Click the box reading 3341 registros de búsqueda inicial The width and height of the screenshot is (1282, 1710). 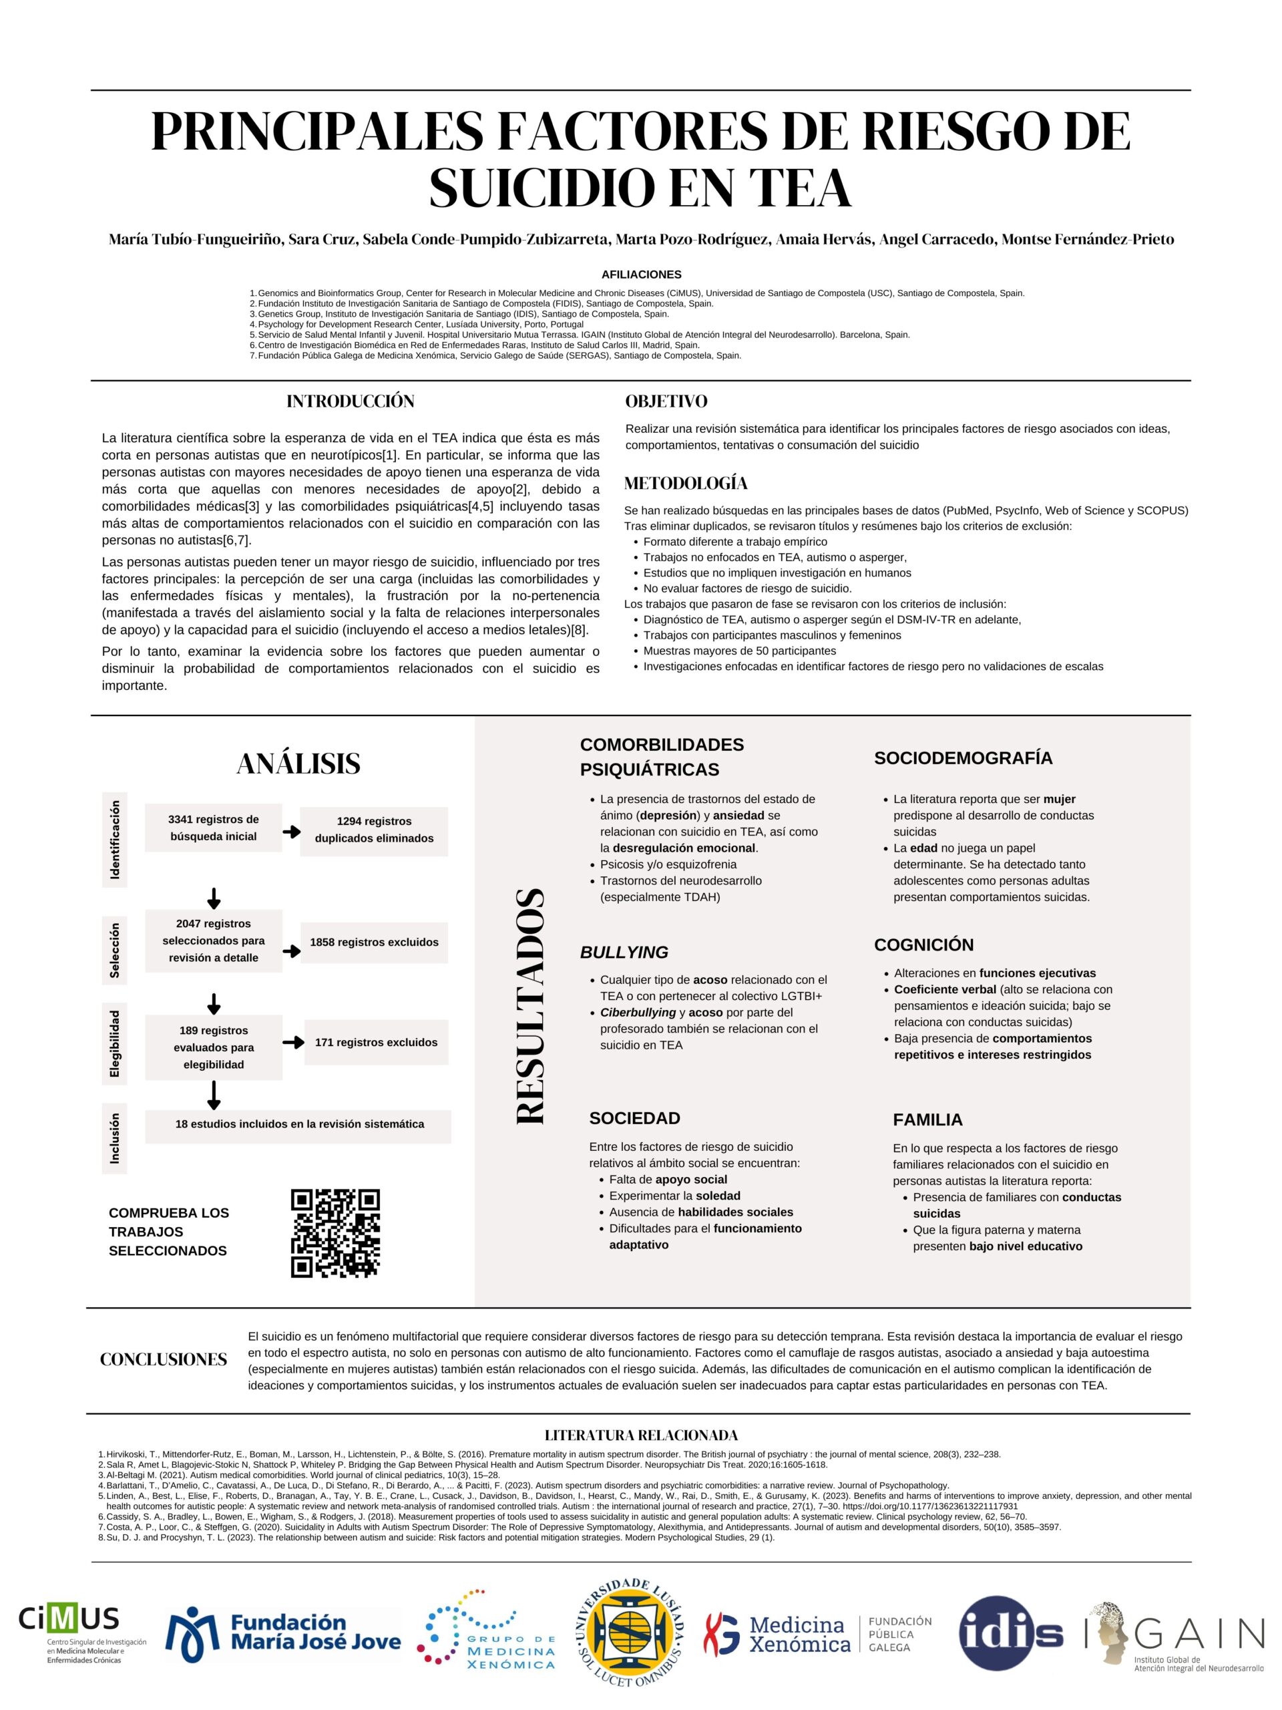(x=213, y=828)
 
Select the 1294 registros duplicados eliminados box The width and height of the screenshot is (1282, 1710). (x=374, y=830)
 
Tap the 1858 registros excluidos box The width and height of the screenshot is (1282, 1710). (x=374, y=943)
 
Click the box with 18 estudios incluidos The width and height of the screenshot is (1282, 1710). (x=298, y=1124)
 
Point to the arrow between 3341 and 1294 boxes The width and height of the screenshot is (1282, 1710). (x=291, y=832)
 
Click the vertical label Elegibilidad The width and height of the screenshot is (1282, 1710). (x=114, y=1043)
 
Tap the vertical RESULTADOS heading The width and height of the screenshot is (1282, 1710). (x=531, y=1007)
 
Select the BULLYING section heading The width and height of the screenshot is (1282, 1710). (x=624, y=953)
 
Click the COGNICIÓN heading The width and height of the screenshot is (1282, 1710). (x=923, y=945)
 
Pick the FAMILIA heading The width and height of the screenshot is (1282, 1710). (x=927, y=1120)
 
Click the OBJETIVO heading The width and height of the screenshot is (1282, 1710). (x=666, y=401)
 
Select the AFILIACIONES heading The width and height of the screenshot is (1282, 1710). (x=640, y=275)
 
